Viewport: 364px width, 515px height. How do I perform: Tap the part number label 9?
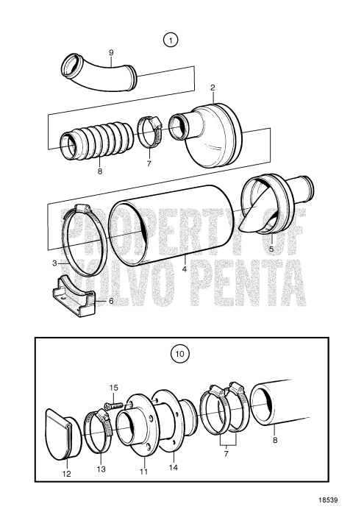[111, 52]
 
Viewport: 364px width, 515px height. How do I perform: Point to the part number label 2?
[212, 88]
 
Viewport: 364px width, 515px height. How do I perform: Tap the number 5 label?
[271, 249]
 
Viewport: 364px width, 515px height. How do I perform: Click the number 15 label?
[113, 388]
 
